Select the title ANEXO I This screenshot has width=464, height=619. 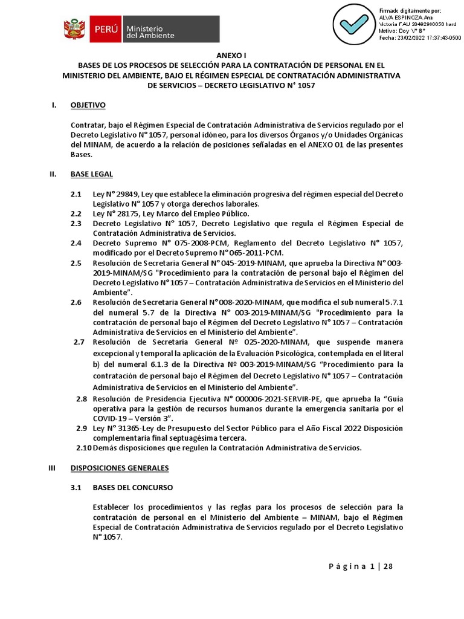pyautogui.click(x=232, y=54)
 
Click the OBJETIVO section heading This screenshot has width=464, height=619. pyautogui.click(x=88, y=105)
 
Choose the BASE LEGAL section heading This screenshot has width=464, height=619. pyautogui.click(x=91, y=174)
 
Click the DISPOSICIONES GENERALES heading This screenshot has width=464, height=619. pyautogui.click(x=120, y=468)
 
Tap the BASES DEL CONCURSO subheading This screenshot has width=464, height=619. pyautogui.click(x=132, y=487)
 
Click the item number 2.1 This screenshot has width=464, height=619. pyautogui.click(x=76, y=193)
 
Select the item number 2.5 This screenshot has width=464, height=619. pyautogui.click(x=76, y=263)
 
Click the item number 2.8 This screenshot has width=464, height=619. pyautogui.click(x=82, y=399)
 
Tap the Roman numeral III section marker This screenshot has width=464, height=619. pyautogui.click(x=53, y=468)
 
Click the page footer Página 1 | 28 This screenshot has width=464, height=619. pyautogui.click(x=360, y=566)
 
